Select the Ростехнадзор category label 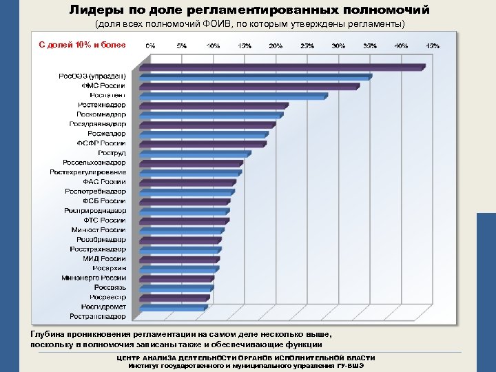[x=102, y=105]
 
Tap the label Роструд [x=112, y=153]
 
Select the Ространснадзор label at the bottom [x=98, y=316]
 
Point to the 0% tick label [x=149, y=45]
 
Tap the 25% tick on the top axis [x=307, y=45]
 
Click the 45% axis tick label [x=433, y=45]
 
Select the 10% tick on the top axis [x=213, y=45]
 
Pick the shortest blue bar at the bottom [x=174, y=306]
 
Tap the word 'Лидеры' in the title [x=92, y=10]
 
